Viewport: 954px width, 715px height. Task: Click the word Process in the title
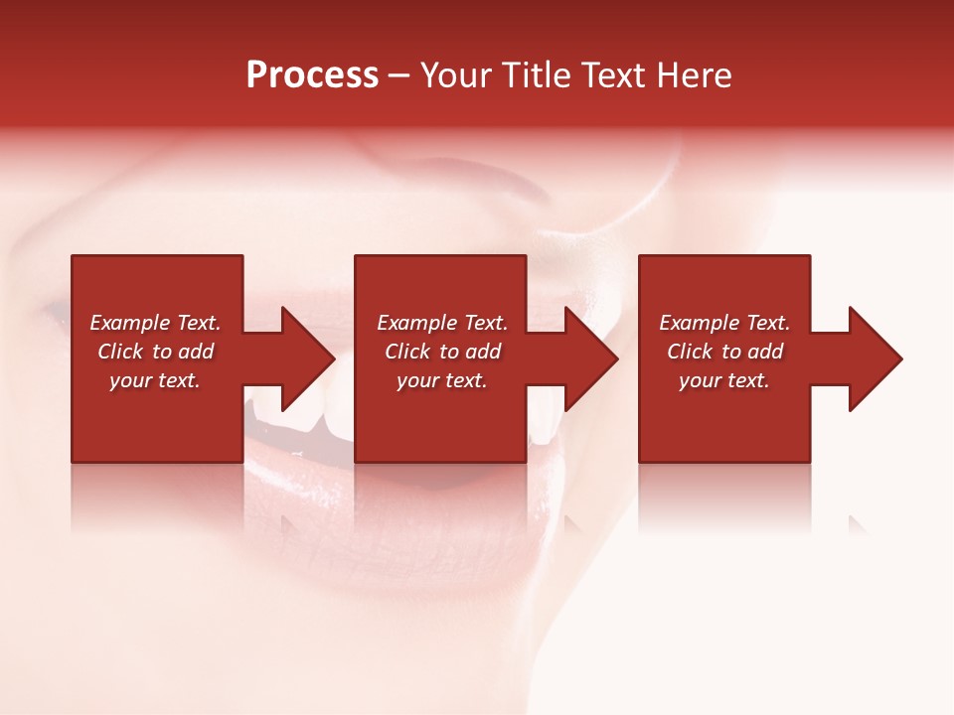pyautogui.click(x=312, y=75)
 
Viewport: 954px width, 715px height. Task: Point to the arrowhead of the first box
pyautogui.click(x=308, y=358)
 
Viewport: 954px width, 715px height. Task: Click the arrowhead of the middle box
pyautogui.click(x=591, y=358)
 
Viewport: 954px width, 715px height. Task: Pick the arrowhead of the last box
pyautogui.click(x=874, y=358)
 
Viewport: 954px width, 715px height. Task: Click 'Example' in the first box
pyautogui.click(x=130, y=323)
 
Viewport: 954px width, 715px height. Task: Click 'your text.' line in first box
pyautogui.click(x=155, y=380)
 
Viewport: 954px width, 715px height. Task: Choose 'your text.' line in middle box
pyautogui.click(x=442, y=380)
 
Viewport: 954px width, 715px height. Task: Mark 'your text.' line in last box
pyautogui.click(x=724, y=380)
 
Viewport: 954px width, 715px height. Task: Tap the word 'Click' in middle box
pyautogui.click(x=408, y=352)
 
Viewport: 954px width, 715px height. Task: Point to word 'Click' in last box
pyautogui.click(x=691, y=352)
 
